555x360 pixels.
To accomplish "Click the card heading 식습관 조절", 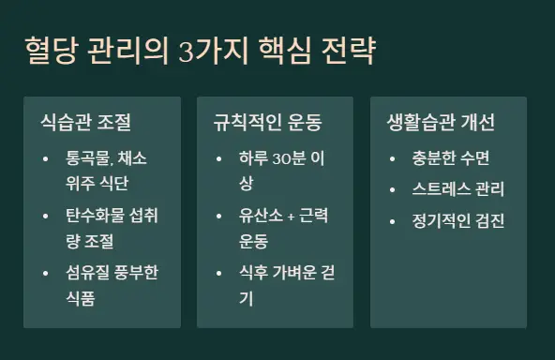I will point(85,123).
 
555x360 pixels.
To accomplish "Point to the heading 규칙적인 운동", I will point(267,123).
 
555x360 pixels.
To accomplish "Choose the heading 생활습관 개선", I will point(441,123).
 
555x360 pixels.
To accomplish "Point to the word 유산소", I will point(261,216).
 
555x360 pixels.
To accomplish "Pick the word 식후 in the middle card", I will point(254,274).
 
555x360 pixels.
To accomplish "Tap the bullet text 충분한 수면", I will point(451,157).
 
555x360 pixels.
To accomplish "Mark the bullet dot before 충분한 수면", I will point(393,157).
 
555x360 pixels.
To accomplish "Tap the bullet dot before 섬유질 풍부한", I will point(46,274).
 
